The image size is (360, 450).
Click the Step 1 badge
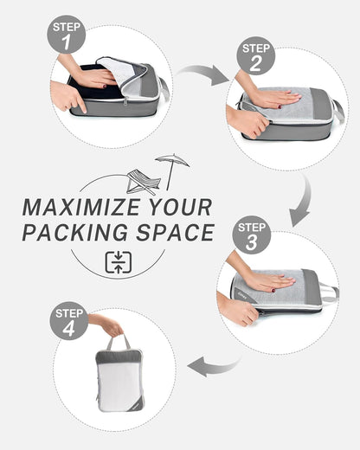point(67,35)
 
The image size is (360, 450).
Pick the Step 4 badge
point(68,320)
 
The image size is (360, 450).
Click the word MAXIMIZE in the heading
point(75,208)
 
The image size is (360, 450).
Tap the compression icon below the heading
point(118,262)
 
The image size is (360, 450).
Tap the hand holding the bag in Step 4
point(109,326)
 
